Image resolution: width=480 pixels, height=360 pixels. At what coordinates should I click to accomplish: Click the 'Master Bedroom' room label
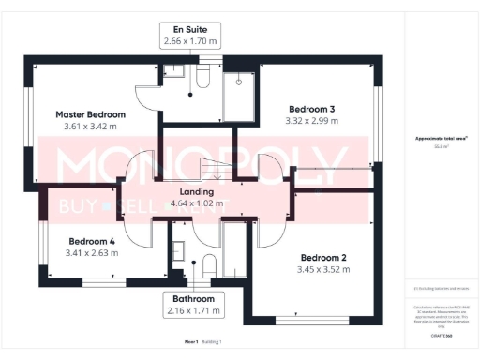[x=89, y=113]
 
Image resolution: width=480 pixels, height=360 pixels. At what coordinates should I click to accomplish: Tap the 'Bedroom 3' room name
[x=311, y=109]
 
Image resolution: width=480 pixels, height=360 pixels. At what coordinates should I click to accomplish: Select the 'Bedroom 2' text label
[x=323, y=257]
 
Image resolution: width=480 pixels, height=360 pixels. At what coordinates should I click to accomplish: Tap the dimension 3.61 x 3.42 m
[x=89, y=126]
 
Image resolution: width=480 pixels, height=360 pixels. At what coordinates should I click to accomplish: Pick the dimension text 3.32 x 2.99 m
[x=311, y=121]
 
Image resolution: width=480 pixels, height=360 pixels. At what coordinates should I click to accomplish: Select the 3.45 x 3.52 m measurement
[x=323, y=269]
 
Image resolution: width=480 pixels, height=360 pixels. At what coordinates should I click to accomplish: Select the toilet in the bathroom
[x=208, y=263]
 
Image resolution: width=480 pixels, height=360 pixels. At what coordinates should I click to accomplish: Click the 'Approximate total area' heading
[x=442, y=138]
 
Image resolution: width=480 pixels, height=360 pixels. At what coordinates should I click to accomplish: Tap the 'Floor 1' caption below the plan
[x=191, y=342]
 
